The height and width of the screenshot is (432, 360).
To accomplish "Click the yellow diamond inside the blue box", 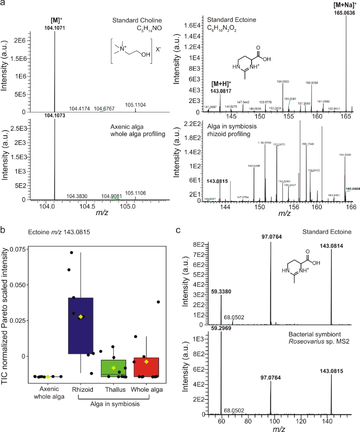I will coord(81,316).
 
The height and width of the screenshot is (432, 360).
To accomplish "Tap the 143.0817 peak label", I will coord(221,90).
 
